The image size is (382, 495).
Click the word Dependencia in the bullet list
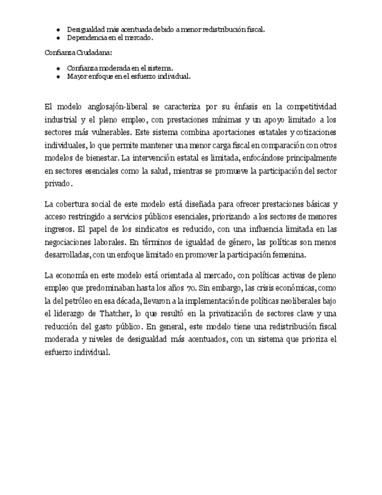85,37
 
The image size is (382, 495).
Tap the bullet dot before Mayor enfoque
58,76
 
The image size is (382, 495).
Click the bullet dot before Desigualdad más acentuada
58,29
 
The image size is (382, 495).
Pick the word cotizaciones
315,132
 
